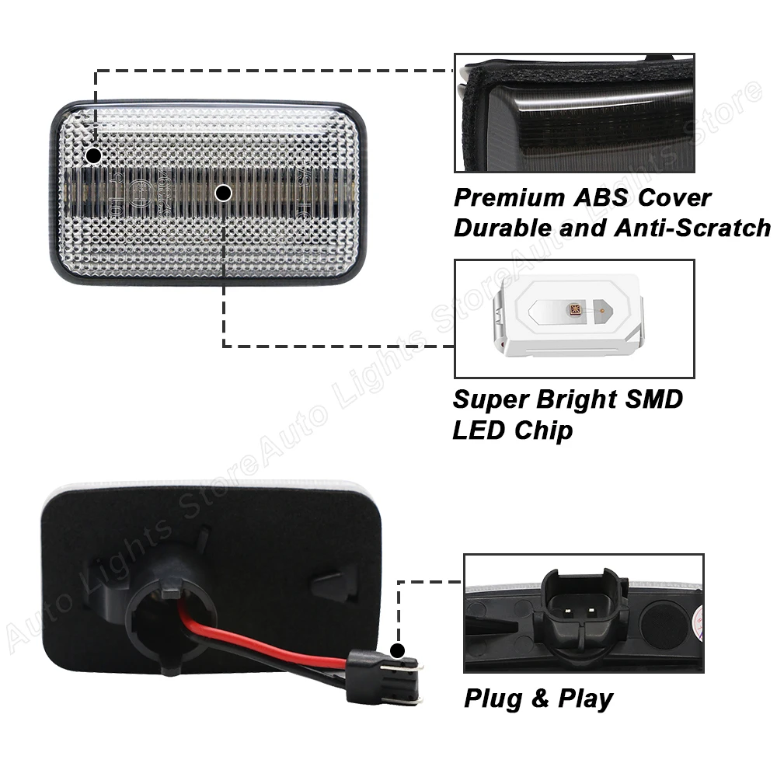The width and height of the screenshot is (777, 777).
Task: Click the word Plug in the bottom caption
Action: click(493, 699)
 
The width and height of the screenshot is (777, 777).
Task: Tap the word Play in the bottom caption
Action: click(584, 699)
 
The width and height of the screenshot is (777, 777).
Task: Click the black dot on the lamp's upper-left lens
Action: click(93, 155)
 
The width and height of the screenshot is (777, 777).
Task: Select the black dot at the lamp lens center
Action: click(224, 192)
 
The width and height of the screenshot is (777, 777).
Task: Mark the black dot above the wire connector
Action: click(398, 650)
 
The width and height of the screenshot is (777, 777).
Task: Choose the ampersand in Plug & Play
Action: click(538, 699)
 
